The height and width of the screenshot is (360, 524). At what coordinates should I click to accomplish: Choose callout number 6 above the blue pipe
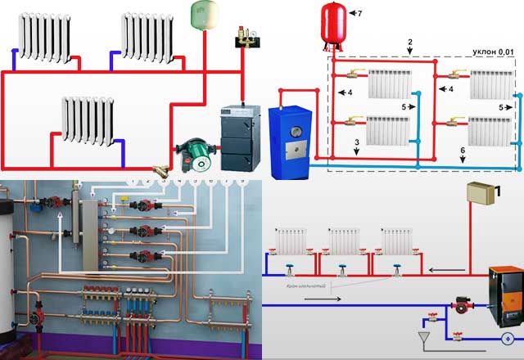(464, 153)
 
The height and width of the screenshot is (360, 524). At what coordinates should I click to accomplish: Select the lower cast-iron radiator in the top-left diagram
(87, 120)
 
